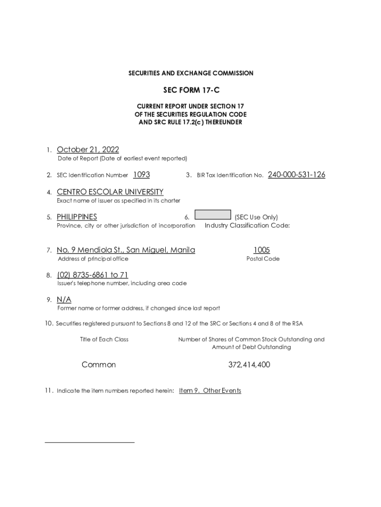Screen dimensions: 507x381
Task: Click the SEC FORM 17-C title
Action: (x=190, y=91)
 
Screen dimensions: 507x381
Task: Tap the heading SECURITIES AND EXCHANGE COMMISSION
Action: (x=190, y=73)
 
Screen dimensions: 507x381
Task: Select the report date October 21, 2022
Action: (x=88, y=150)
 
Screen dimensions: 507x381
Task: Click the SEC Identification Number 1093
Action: (x=142, y=175)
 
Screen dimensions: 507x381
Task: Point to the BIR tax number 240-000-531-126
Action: (x=296, y=175)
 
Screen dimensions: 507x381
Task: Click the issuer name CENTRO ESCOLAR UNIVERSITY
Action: (x=110, y=192)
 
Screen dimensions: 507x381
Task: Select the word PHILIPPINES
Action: (x=77, y=217)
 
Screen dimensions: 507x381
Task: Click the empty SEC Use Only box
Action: (x=213, y=215)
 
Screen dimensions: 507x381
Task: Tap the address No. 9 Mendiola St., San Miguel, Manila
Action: (x=126, y=250)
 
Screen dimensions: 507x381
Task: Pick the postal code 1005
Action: (x=262, y=250)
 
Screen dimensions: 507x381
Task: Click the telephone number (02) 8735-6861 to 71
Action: (x=93, y=275)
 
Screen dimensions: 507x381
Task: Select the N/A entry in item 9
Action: (x=64, y=300)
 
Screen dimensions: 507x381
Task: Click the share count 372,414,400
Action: (x=249, y=365)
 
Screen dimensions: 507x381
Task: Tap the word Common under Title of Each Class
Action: (x=98, y=365)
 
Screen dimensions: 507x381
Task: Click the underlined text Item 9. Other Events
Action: (x=210, y=391)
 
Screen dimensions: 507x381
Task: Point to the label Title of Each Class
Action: (x=104, y=340)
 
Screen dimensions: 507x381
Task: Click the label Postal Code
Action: (x=263, y=259)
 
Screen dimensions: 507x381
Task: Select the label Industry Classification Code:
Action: (x=247, y=226)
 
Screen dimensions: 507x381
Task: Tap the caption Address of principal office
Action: (x=93, y=259)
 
